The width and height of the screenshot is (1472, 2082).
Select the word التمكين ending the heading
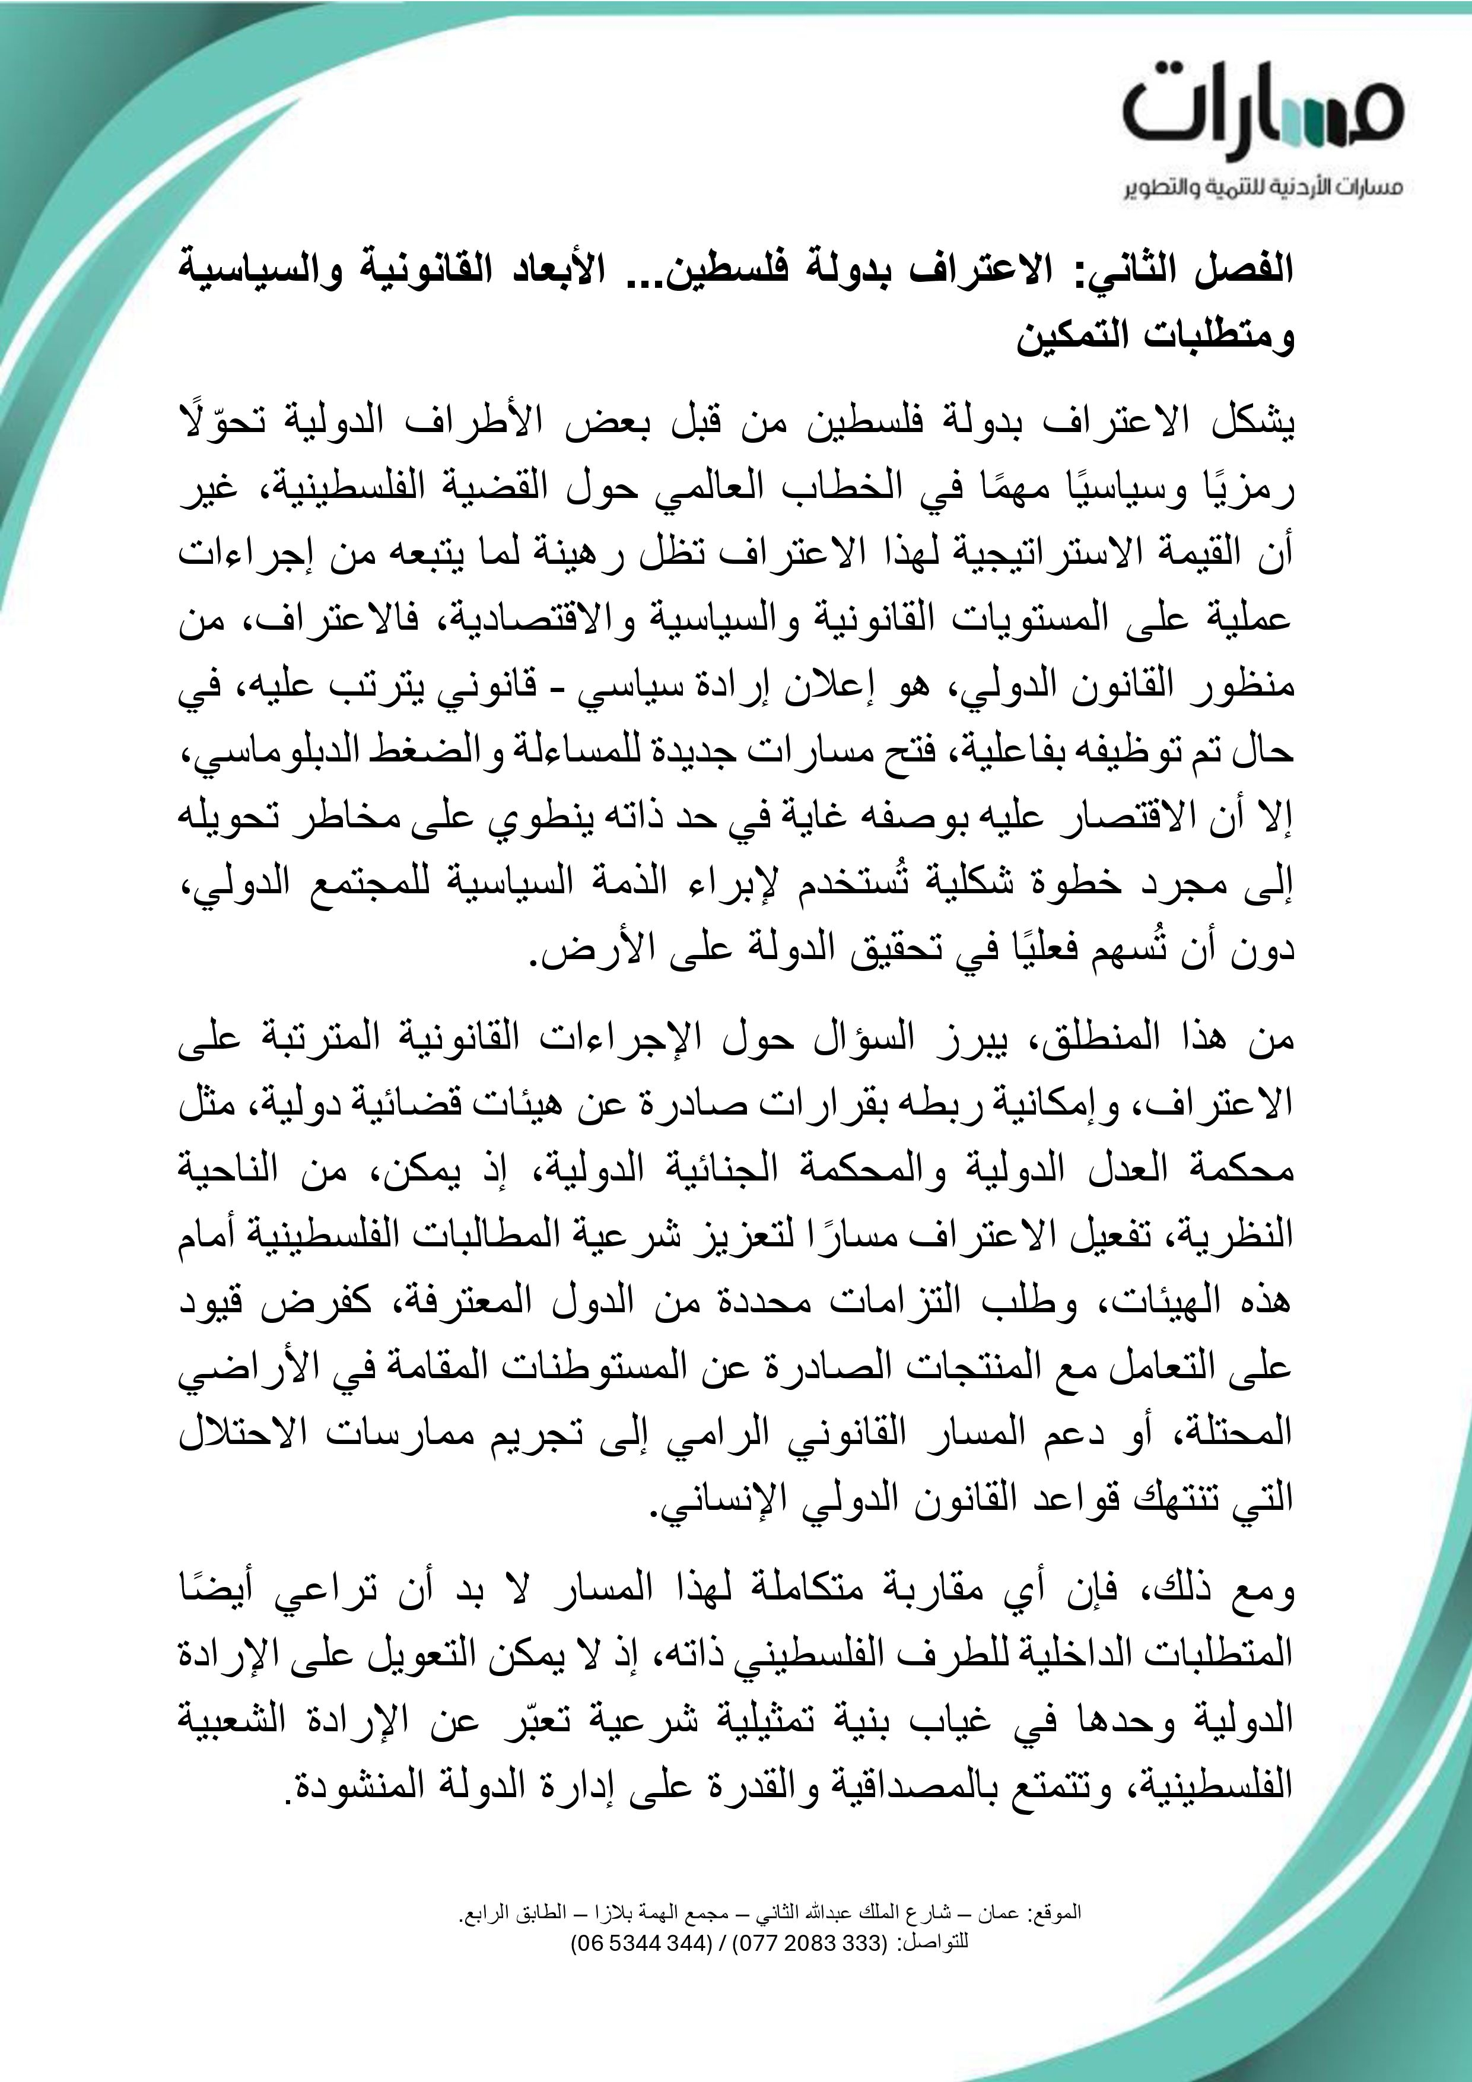pos(1073,337)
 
